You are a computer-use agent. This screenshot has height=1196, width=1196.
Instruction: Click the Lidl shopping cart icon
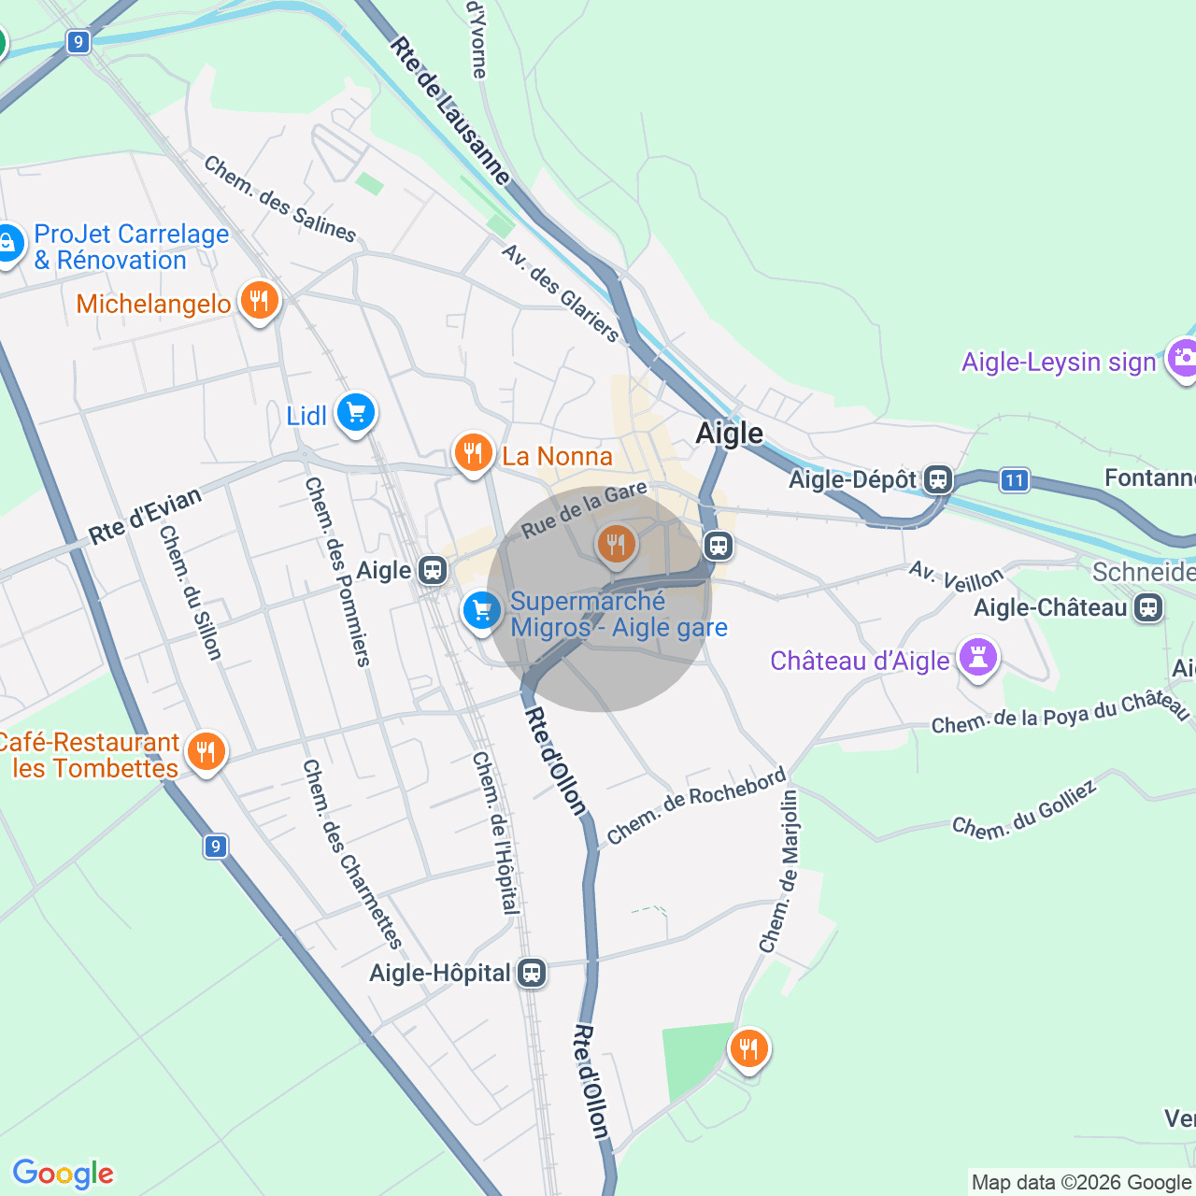[x=355, y=412]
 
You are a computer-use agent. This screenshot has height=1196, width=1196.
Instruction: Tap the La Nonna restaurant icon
[x=474, y=453]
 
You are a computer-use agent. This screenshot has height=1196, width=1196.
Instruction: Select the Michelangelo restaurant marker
[x=259, y=301]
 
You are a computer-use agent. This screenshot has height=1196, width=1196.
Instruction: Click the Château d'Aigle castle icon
[x=977, y=657]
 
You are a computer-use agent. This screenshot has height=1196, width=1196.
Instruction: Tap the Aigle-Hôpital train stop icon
[x=532, y=973]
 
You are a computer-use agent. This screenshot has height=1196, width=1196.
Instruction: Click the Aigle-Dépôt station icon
[x=938, y=480]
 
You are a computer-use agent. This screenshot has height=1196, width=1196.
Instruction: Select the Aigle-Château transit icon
[x=1148, y=608]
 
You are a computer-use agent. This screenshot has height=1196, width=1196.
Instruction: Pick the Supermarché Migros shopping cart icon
[x=481, y=611]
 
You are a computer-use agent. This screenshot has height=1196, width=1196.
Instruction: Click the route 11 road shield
[x=1014, y=480]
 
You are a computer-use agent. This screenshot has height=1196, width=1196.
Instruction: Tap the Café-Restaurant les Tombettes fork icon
[x=206, y=751]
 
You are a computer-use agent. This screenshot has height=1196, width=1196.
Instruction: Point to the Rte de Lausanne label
[x=450, y=111]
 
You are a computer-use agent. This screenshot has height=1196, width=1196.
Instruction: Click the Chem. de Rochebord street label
[x=696, y=806]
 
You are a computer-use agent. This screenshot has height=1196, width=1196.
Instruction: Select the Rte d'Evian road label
[x=145, y=516]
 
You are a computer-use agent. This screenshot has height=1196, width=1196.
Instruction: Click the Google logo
[x=63, y=1174]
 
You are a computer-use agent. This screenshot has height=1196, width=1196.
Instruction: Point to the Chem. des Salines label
[x=279, y=199]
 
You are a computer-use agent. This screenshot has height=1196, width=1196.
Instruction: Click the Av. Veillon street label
[x=956, y=577]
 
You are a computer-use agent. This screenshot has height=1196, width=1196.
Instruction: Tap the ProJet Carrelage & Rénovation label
[x=131, y=247]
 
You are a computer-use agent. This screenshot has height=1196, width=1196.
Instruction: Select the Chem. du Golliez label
[x=1024, y=809]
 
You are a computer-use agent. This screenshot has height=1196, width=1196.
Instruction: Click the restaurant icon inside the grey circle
[x=615, y=543]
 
